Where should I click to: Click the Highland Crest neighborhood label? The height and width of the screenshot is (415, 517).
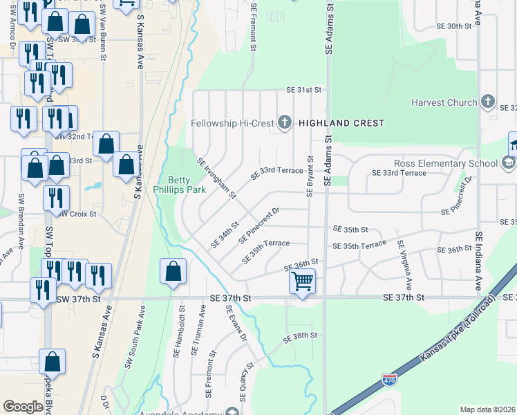[341, 123]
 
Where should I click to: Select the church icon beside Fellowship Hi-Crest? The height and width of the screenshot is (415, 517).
[283, 123]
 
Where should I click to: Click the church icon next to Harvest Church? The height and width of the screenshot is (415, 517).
[487, 102]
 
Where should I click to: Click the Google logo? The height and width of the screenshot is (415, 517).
[23, 407]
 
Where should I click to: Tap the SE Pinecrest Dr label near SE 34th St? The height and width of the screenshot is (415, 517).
[258, 226]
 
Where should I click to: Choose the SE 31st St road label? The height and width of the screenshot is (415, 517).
[305, 90]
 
